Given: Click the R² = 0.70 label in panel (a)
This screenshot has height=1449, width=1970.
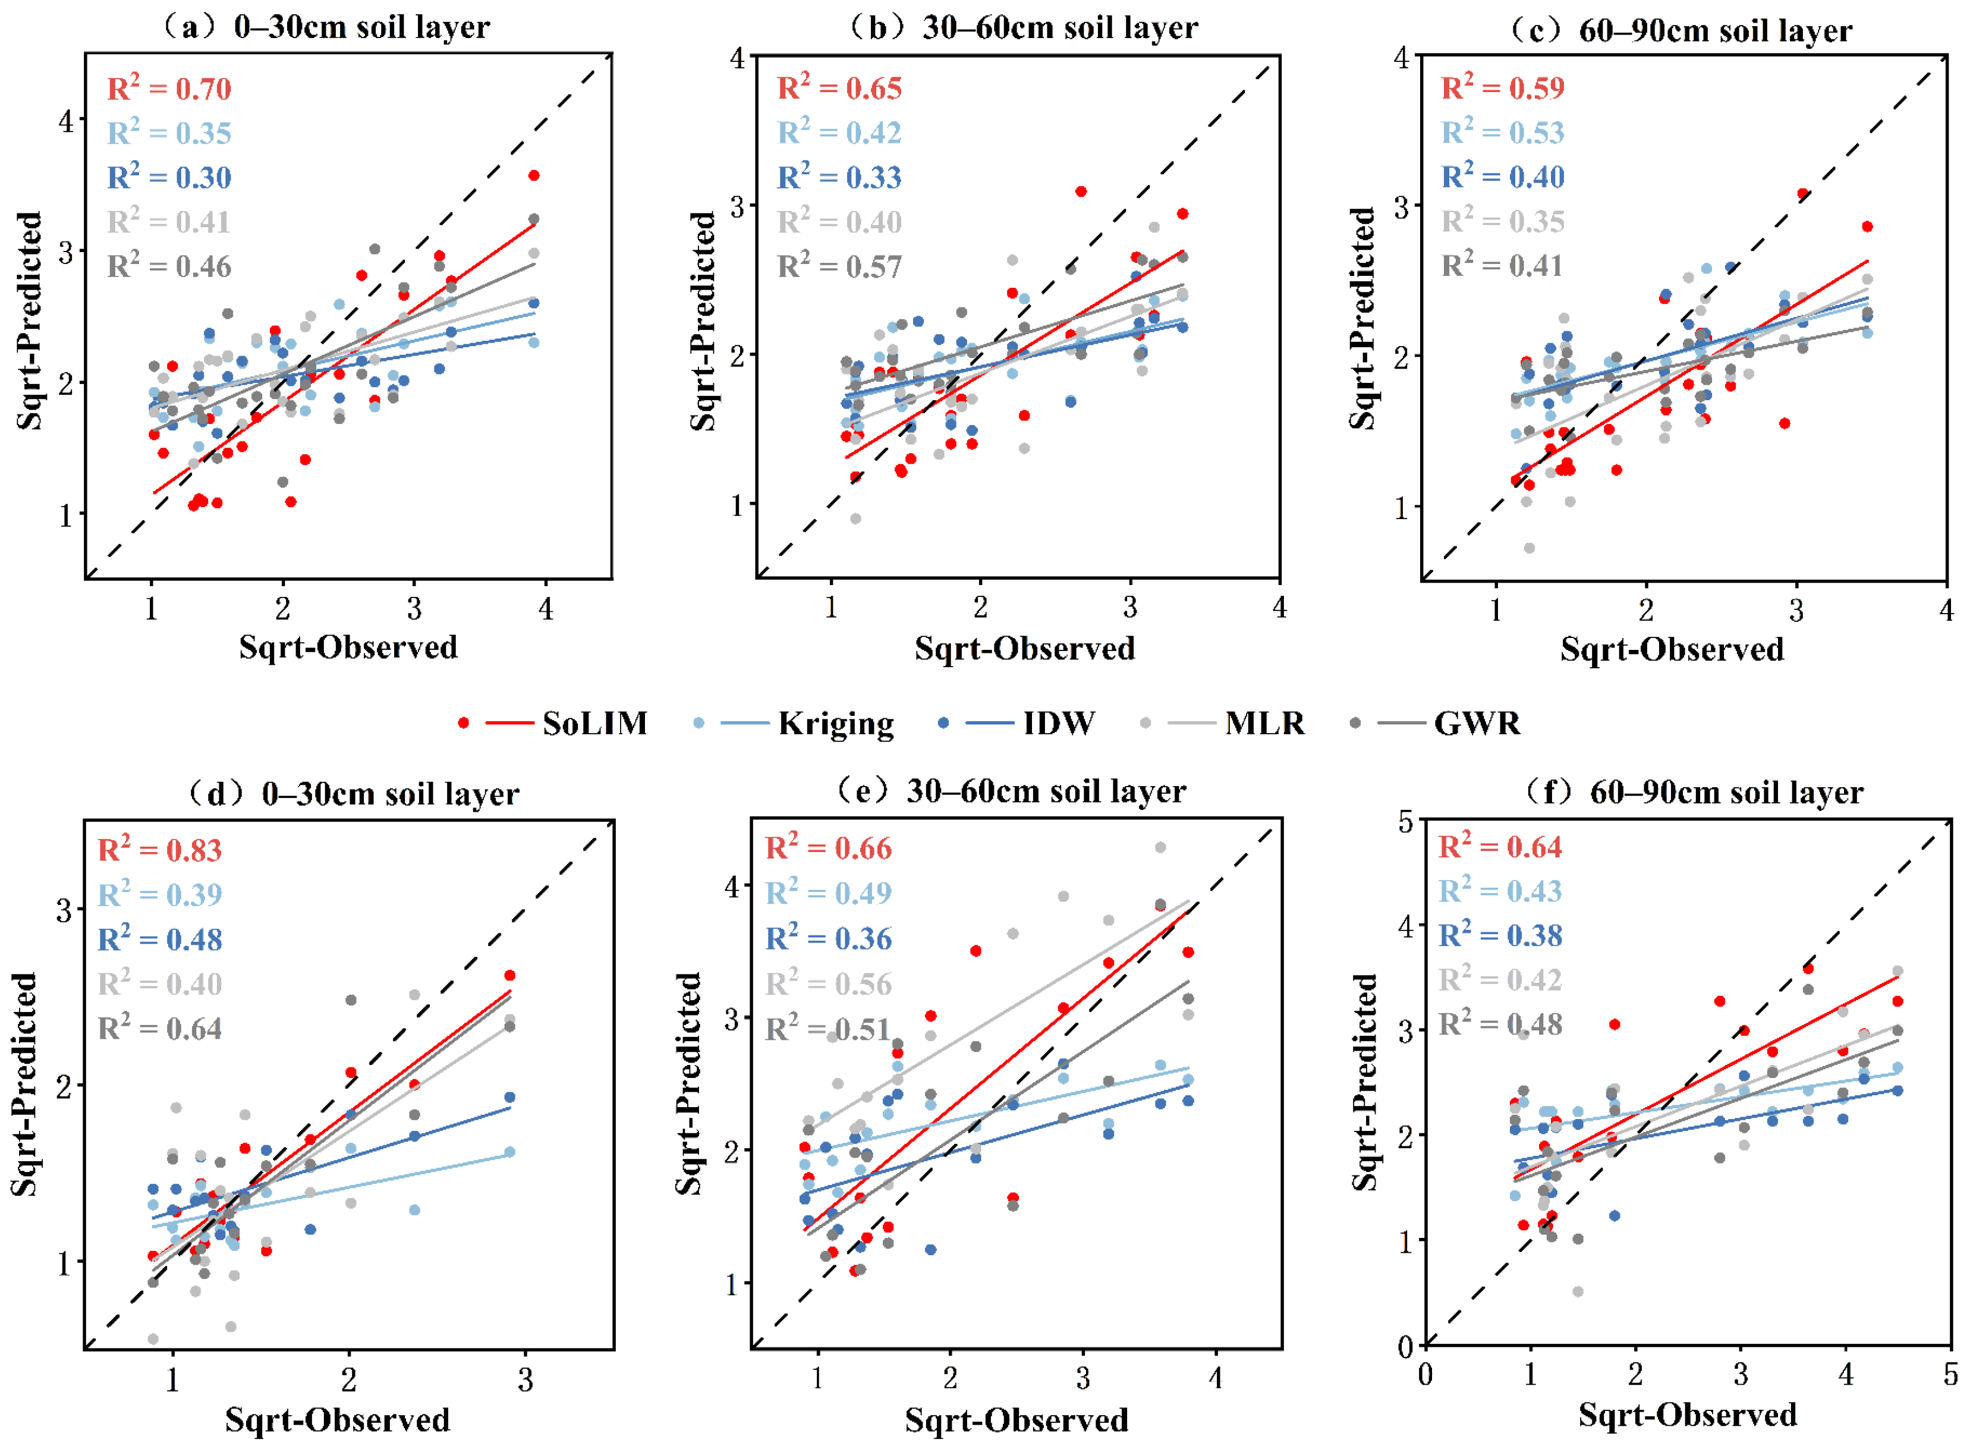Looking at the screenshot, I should click(169, 89).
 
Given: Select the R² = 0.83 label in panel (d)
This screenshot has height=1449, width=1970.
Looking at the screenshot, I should click(159, 850).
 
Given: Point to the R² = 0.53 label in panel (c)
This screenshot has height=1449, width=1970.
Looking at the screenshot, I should click(1503, 133).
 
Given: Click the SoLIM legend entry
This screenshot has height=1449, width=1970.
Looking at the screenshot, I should click(594, 724).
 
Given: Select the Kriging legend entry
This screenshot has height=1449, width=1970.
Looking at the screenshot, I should click(836, 724).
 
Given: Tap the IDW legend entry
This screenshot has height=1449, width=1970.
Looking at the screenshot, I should click(1058, 724).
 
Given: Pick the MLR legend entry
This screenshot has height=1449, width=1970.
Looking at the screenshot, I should click(1264, 724).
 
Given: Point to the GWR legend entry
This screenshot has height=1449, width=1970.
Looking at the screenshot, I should click(1477, 724).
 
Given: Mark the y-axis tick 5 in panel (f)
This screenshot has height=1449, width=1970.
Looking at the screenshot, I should click(1405, 822).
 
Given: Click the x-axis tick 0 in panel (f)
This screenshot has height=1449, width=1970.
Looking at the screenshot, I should click(1425, 1375).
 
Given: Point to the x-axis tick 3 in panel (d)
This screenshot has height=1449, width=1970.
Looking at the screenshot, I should click(525, 1381).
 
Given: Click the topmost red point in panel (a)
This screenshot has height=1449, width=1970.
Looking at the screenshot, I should click(533, 175).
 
